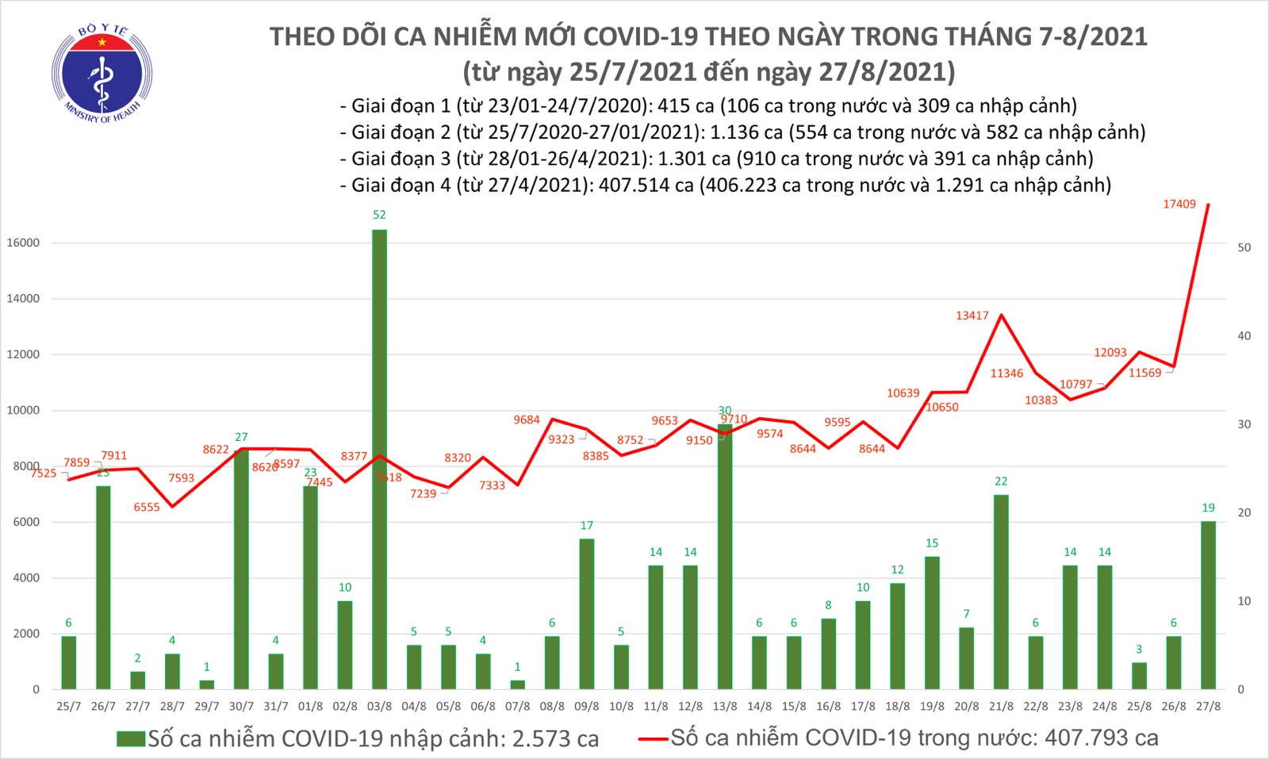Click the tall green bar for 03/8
click(x=379, y=459)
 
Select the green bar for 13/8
click(x=725, y=556)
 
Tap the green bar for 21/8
click(x=1001, y=592)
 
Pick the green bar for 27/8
click(x=1208, y=604)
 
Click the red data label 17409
click(x=1179, y=204)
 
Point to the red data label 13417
click(x=972, y=316)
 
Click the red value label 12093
click(x=1110, y=352)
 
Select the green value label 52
click(x=379, y=214)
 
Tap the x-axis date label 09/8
click(x=587, y=706)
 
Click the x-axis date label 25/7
click(x=69, y=706)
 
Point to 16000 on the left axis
click(x=23, y=243)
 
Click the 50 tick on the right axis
click(x=1244, y=247)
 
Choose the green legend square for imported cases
click(x=130, y=739)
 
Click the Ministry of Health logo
click(x=102, y=74)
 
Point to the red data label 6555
click(x=147, y=507)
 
